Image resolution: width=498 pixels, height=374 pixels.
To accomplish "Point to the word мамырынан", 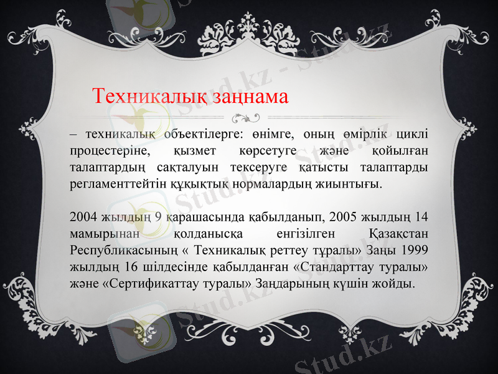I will tap(101, 234).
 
